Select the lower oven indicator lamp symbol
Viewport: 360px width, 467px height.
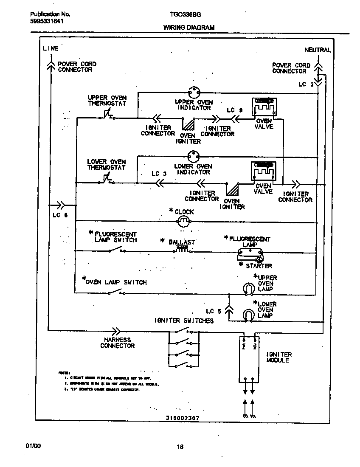coord(194,157)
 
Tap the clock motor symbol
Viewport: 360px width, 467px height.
coord(183,221)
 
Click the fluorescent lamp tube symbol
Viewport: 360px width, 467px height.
coord(250,253)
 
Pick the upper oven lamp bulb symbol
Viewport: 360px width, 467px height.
coord(247,288)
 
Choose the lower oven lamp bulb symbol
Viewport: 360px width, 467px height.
coord(247,315)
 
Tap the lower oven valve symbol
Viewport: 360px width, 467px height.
coord(263,172)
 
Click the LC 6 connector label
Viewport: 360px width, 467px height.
coord(59,215)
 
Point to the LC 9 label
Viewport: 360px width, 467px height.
coord(234,110)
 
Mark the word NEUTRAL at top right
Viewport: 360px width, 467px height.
coord(317,50)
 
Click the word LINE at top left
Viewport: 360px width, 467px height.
coord(51,48)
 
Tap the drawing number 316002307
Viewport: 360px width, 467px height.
coord(183,418)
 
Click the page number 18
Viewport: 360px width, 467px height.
coord(180,446)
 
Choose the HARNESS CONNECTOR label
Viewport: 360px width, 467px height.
coord(117,343)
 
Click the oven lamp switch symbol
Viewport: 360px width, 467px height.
coord(115,292)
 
